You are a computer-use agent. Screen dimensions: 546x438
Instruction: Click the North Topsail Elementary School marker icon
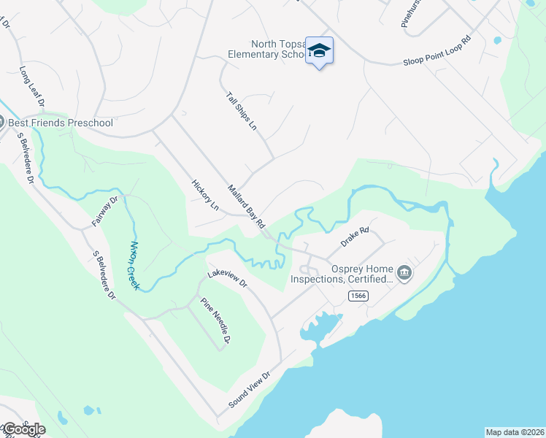click(x=319, y=50)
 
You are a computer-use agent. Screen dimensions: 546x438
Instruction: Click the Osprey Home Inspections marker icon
click(x=404, y=274)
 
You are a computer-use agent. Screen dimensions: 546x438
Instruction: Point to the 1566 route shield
click(x=358, y=295)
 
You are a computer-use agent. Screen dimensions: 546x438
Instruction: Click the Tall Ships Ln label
click(x=241, y=111)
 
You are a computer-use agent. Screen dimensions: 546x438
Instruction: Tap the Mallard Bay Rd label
click(x=246, y=208)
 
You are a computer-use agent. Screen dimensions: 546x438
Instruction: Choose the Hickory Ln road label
click(x=204, y=195)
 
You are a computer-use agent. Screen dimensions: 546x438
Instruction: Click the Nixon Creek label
click(x=133, y=265)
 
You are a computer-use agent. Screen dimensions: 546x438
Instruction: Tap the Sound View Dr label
click(x=249, y=390)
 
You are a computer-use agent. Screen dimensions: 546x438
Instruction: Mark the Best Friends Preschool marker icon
click(x=1, y=123)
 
